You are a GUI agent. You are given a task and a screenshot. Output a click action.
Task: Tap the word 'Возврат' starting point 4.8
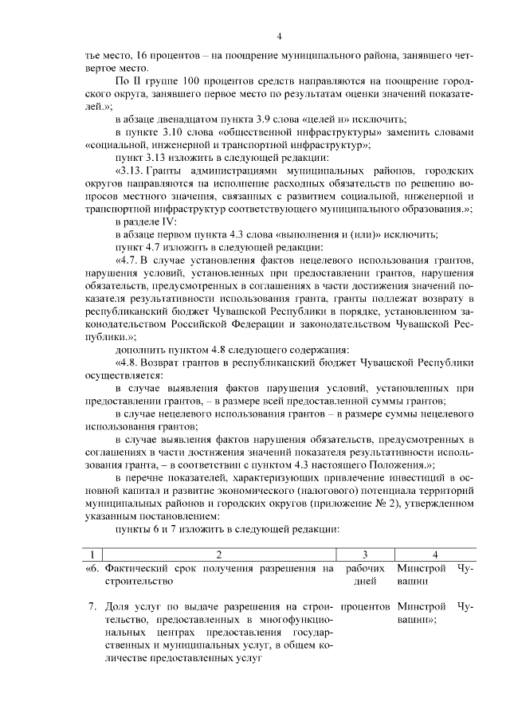(x=175, y=363)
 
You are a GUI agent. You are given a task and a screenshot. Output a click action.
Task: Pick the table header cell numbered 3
(x=363, y=554)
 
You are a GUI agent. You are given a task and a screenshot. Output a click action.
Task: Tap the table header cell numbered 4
(x=435, y=554)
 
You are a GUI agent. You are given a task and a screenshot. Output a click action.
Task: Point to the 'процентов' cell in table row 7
(x=370, y=607)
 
